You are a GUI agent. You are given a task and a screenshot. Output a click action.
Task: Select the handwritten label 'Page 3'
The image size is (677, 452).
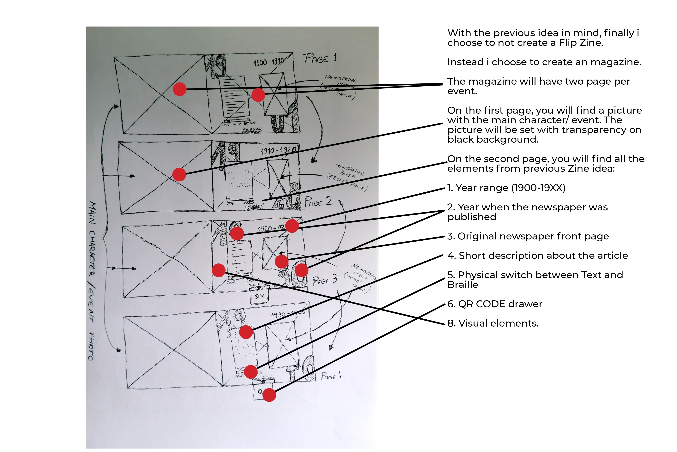click(324, 280)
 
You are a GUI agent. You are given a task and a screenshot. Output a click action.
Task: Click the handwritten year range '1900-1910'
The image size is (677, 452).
click(268, 62)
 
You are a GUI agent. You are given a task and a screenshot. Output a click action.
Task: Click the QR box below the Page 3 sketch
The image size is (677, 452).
click(259, 296)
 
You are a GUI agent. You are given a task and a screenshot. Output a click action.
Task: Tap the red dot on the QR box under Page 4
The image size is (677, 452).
click(269, 395)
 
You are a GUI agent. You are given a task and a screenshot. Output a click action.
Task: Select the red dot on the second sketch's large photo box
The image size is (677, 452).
click(179, 174)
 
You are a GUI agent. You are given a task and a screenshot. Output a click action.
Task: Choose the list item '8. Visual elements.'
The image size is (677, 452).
click(493, 323)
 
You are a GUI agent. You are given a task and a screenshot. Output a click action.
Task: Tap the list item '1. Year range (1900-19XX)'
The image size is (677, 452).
click(506, 188)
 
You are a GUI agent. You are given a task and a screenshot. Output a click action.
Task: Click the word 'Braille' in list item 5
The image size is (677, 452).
click(462, 285)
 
